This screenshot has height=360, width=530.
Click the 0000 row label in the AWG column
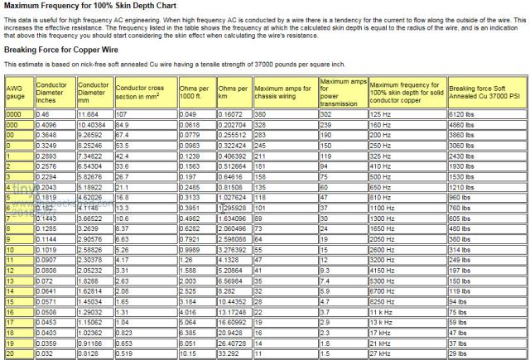pyautogui.click(x=14, y=113)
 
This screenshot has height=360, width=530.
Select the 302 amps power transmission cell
pyautogui.click(x=327, y=113)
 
